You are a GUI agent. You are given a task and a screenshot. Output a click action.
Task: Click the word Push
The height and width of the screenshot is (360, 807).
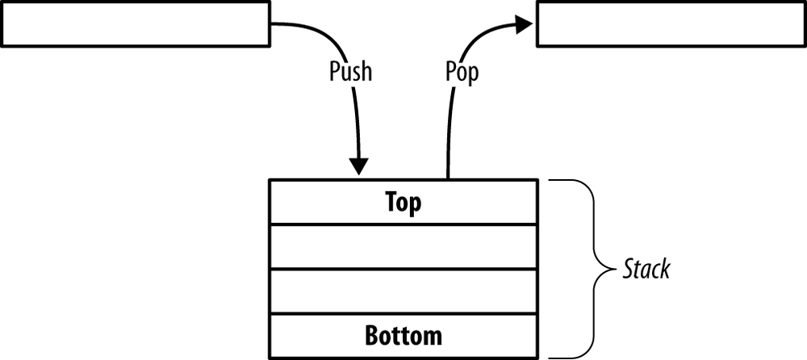(350, 71)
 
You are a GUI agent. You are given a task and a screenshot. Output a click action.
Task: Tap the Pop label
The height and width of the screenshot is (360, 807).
(462, 72)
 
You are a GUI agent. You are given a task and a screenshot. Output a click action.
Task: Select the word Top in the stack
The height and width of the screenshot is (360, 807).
(402, 202)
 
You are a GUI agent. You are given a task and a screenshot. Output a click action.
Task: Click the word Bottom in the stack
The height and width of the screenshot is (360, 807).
(403, 334)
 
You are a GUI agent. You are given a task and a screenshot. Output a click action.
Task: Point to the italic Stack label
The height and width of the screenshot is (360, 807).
(646, 269)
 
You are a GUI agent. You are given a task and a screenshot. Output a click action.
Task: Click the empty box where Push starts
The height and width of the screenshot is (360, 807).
(136, 23)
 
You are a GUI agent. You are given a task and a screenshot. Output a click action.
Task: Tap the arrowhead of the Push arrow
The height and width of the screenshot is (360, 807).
(358, 168)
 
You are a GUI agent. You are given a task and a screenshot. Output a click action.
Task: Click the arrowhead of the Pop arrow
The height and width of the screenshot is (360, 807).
(524, 25)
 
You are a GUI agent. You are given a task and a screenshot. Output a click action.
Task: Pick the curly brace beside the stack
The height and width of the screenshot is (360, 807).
(594, 268)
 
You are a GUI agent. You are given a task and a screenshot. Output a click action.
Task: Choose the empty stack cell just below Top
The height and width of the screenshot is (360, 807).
(402, 247)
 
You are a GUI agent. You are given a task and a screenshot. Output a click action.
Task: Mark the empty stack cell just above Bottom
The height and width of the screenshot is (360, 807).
(402, 291)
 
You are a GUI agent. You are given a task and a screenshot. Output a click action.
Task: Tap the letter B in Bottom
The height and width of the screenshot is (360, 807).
(372, 334)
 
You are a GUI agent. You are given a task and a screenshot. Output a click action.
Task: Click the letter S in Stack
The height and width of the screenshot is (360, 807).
(628, 269)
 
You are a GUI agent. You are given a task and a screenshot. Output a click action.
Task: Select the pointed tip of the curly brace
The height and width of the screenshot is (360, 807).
(612, 269)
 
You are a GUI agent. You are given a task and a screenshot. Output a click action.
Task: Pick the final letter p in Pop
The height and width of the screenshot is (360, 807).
(472, 73)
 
